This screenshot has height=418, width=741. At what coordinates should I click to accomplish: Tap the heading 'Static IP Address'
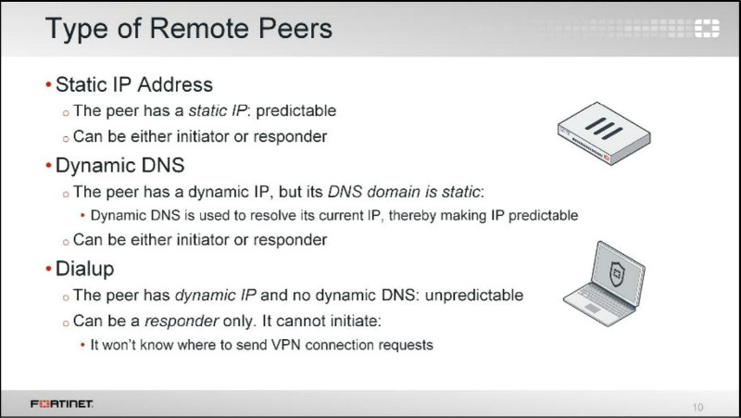pos(133,85)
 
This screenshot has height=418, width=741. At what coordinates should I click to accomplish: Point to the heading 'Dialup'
pos(86,271)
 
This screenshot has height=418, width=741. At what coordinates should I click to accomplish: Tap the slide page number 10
pos(698,406)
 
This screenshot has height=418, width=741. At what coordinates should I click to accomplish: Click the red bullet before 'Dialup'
pos(48,271)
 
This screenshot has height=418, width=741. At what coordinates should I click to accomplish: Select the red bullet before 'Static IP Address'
pos(48,85)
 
